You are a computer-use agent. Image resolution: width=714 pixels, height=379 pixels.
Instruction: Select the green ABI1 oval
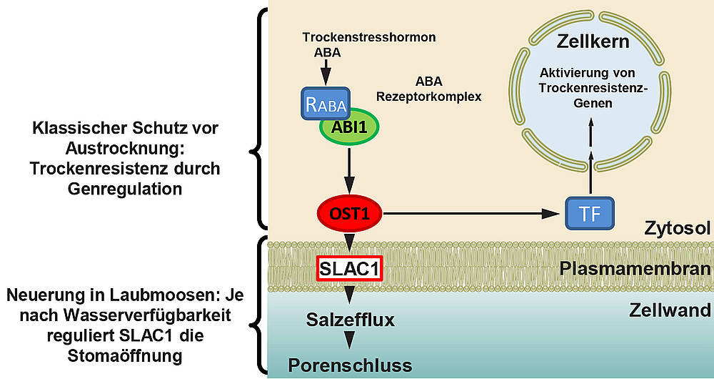[x=348, y=127]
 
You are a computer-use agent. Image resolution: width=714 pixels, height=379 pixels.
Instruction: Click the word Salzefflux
[x=350, y=319]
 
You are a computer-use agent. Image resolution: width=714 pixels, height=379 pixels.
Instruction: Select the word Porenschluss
[x=350, y=365]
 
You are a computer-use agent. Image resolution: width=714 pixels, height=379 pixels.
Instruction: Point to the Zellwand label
[x=670, y=310]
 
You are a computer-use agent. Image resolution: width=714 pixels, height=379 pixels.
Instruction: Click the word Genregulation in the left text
[x=125, y=188]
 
